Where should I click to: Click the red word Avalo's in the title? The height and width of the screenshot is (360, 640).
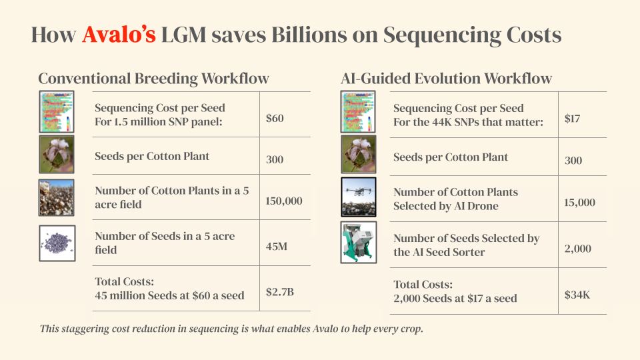119,35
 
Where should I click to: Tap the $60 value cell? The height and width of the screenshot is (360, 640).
275,119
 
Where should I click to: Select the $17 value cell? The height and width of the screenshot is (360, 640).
573,119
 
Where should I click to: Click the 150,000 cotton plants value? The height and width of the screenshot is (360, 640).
284,201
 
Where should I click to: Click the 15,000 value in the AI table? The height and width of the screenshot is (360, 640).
579,202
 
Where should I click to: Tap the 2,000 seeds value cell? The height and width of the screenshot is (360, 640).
577,249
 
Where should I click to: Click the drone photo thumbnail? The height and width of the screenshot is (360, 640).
359,197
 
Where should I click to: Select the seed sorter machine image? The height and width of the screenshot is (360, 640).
359,243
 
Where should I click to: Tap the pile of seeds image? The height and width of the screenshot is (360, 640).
57,243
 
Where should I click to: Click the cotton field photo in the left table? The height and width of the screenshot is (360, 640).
57,197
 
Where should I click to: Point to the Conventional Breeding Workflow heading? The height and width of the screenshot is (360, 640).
153,79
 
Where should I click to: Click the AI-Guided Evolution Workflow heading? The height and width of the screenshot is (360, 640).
446,79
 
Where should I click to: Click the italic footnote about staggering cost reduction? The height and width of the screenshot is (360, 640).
231,329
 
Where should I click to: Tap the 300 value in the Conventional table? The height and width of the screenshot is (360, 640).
275,159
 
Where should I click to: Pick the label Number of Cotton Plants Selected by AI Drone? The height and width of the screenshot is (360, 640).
455,199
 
